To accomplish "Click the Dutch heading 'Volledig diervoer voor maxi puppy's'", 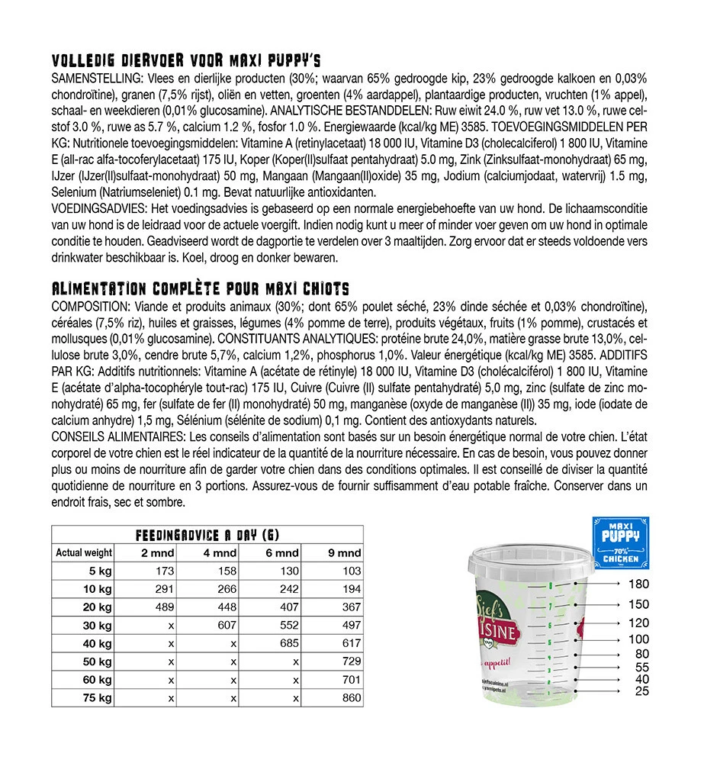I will point(186,61).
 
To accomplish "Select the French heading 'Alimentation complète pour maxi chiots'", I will point(199,289).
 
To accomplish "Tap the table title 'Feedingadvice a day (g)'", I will point(206,535).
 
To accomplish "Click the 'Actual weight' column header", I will point(84,553).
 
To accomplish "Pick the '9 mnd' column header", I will point(346,553).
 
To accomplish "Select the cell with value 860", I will point(350,698).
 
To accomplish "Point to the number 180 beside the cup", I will point(638,584).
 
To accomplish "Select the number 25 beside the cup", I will point(641,691).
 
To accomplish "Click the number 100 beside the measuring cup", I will point(638,639).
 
